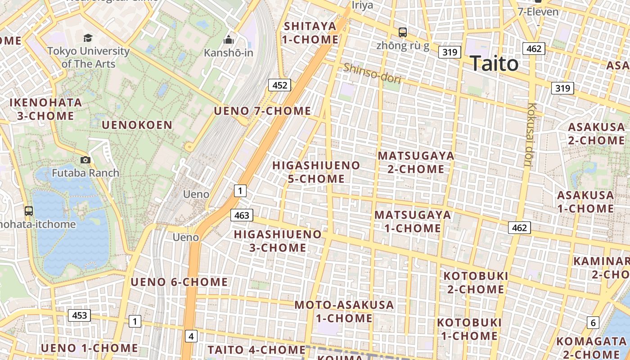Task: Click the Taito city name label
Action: (x=494, y=64)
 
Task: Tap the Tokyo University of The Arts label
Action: (x=88, y=58)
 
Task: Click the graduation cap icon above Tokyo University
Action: (x=88, y=38)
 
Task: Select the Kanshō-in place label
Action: (x=229, y=53)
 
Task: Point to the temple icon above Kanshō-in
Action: (x=229, y=40)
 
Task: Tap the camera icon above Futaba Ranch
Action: (x=85, y=160)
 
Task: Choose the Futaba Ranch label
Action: (x=85, y=173)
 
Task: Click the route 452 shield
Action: (x=279, y=85)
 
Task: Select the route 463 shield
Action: (x=242, y=215)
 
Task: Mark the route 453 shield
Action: (x=79, y=315)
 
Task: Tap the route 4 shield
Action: (x=191, y=336)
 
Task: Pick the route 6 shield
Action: (x=593, y=322)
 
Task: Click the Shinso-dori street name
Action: (x=372, y=73)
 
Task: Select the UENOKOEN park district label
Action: (x=137, y=125)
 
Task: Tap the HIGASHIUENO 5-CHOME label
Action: (x=316, y=172)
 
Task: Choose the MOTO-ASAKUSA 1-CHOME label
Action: (x=344, y=311)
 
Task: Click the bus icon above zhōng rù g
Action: (x=403, y=32)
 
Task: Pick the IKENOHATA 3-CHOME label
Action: (x=46, y=109)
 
